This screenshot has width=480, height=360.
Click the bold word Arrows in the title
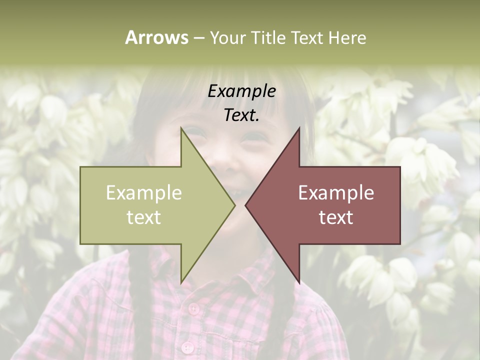point(156,37)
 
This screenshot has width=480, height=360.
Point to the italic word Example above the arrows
point(241,91)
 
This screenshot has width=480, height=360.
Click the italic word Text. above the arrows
point(241,115)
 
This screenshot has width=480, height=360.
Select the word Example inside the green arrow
point(144,193)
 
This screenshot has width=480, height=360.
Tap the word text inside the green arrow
point(144,217)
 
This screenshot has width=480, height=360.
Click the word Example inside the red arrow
point(336,193)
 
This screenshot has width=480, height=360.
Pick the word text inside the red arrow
point(336,217)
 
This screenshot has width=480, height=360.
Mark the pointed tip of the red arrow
point(245,205)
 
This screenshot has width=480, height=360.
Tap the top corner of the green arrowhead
point(181,128)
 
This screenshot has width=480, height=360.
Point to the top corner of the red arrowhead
point(299,128)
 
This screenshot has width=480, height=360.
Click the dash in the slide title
point(198,38)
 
